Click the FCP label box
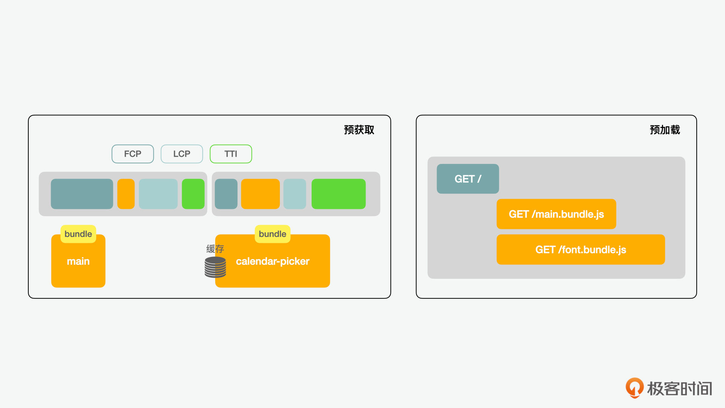(133, 154)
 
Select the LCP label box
(182, 154)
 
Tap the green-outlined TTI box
(231, 154)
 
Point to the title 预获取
(359, 130)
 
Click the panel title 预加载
(665, 130)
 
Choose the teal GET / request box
(468, 179)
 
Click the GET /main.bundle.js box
(556, 214)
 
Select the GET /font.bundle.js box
(581, 249)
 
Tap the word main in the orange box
(78, 261)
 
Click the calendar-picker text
(273, 261)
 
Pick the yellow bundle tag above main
(78, 234)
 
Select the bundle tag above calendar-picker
(273, 234)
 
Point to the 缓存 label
(215, 249)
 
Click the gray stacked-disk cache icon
(215, 267)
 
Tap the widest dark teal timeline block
(82, 194)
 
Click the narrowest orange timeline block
(126, 194)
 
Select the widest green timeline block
(338, 194)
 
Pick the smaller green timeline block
(193, 194)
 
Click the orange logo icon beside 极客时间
(635, 388)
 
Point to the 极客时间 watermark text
(680, 388)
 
